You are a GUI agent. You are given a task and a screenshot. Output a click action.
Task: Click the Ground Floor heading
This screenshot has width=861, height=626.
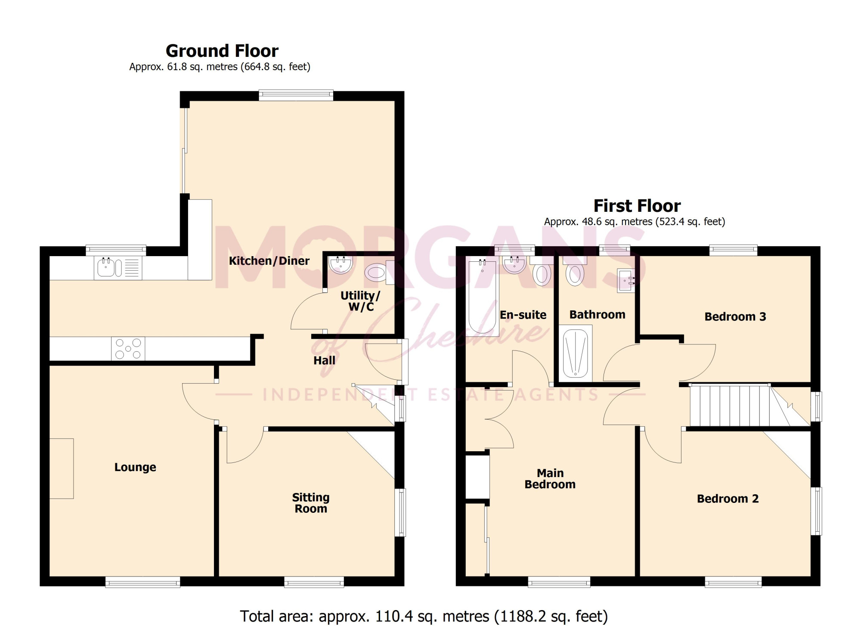222,51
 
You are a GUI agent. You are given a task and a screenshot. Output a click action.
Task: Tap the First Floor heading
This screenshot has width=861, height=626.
637,206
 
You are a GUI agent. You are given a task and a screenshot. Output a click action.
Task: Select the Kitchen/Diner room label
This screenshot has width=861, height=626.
269,261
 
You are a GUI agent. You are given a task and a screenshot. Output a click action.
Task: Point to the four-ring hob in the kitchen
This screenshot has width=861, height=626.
128,349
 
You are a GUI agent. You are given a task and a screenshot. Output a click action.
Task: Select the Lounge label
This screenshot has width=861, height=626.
135,468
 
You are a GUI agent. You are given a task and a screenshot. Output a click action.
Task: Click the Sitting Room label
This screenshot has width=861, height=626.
311,503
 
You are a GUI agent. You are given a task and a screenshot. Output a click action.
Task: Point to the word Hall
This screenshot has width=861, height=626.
324,361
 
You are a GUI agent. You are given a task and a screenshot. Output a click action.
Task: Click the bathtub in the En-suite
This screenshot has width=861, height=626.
483,297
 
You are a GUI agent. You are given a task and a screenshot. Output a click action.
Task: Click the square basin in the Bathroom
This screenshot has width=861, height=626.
626,281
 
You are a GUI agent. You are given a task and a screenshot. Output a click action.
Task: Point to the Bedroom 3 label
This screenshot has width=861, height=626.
735,317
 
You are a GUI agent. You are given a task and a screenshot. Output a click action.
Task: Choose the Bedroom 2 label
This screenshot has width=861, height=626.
728,499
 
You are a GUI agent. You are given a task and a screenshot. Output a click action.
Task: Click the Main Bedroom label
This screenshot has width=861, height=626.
550,479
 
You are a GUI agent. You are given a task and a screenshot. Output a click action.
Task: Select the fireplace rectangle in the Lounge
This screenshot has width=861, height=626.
62,469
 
